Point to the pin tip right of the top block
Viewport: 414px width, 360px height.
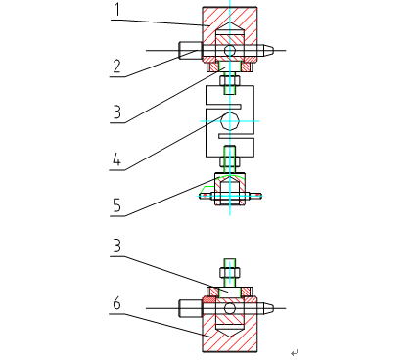tap(269, 49)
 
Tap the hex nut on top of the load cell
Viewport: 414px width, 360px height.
tap(230, 82)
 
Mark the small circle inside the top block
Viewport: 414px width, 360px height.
tap(231, 49)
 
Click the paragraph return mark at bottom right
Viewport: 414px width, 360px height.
tap(294, 351)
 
